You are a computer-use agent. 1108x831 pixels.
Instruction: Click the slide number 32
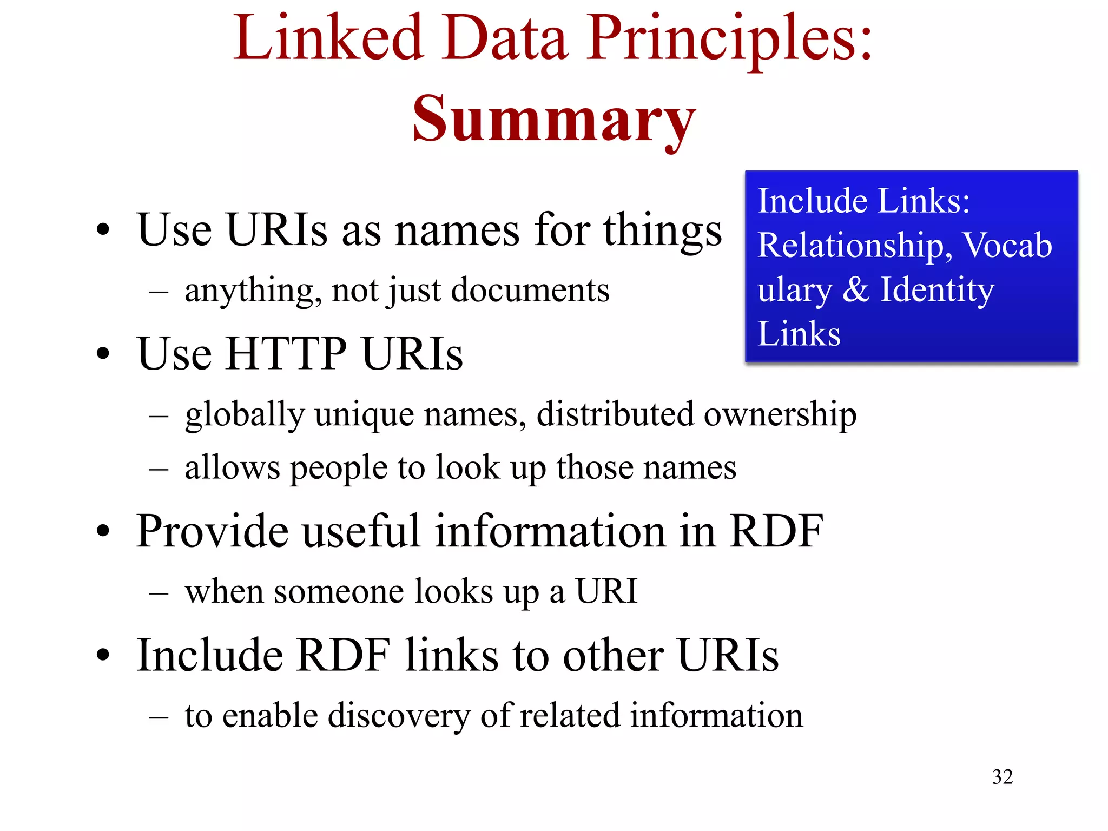pos(1002,777)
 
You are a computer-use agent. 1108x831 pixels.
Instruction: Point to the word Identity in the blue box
pos(937,289)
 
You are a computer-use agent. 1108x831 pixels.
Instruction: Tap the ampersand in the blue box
pos(856,289)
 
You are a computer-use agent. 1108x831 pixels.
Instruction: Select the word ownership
pos(780,414)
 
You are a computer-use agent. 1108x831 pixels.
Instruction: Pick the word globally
pos(245,415)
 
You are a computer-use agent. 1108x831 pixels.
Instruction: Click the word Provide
pos(212,531)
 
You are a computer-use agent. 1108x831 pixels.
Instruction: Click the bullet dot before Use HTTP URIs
pos(103,354)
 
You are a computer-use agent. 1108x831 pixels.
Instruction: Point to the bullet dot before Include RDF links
pos(103,656)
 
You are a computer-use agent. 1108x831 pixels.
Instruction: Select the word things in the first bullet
pos(662,230)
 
